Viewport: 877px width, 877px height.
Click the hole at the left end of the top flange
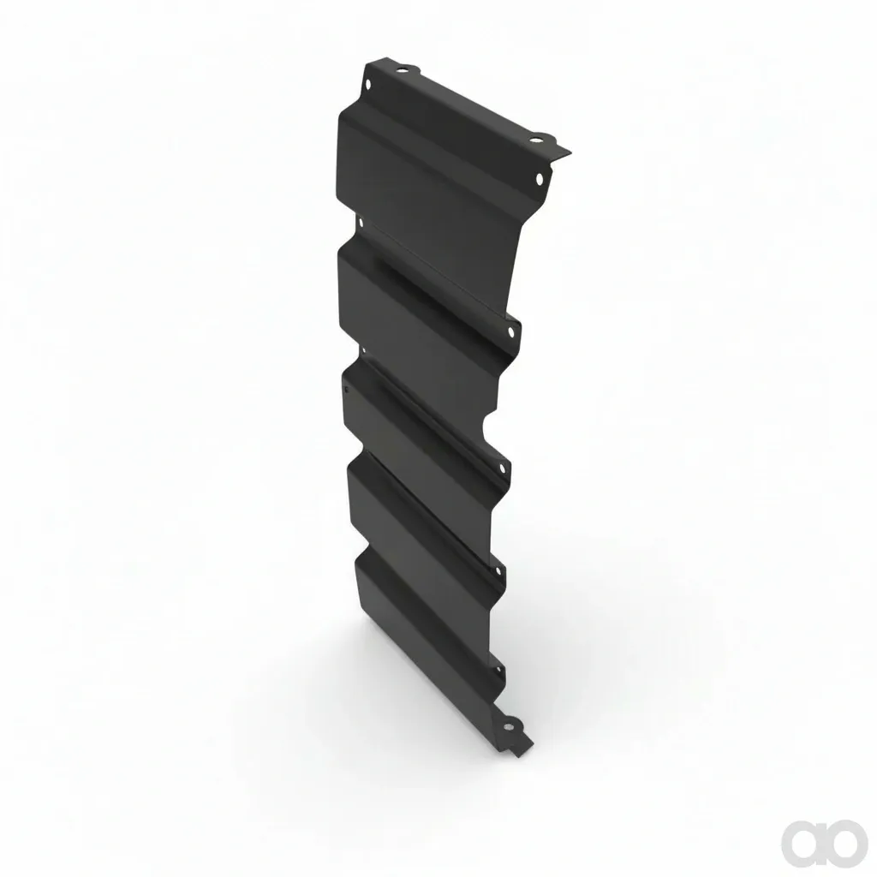401,70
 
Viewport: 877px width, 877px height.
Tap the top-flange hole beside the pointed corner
534,139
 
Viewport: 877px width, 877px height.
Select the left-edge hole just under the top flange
368,85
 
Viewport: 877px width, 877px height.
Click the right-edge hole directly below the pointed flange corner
540,179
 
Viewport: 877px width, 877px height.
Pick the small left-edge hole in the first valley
361,223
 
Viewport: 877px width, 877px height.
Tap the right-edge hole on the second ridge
510,331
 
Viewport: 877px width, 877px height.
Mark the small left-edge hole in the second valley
363,350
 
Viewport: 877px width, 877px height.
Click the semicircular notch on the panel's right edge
486,429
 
